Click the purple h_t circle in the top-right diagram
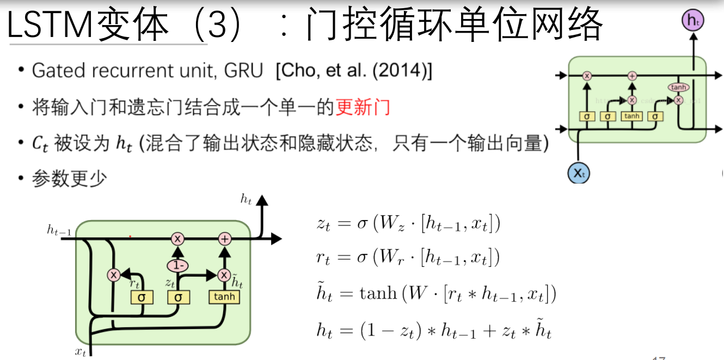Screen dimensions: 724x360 pyautogui.click(x=693, y=21)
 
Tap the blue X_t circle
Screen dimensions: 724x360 pyautogui.click(x=579, y=173)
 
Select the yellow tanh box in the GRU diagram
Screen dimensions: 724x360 pyautogui.click(x=224, y=297)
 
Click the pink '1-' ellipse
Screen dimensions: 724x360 pyautogui.click(x=177, y=266)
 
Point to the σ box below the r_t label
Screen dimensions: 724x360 pyautogui.click(x=142, y=297)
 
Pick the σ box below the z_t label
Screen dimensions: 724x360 pyautogui.click(x=178, y=297)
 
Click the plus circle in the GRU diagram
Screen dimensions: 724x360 pyautogui.click(x=225, y=238)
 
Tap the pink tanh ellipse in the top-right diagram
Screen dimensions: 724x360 pyautogui.click(x=678, y=87)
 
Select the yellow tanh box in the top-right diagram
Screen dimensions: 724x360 pyautogui.click(x=632, y=116)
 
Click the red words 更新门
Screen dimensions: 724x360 pyautogui.click(x=363, y=107)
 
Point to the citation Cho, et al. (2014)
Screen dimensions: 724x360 pyautogui.click(x=354, y=71)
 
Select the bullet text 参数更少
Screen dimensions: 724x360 pyautogui.click(x=69, y=179)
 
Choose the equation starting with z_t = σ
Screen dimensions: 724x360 pyautogui.click(x=408, y=224)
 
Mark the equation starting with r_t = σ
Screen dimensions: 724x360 pyautogui.click(x=408, y=258)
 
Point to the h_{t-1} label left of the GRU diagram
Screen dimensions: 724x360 pyautogui.click(x=59, y=231)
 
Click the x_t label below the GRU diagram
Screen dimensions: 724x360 pyautogui.click(x=81, y=351)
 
